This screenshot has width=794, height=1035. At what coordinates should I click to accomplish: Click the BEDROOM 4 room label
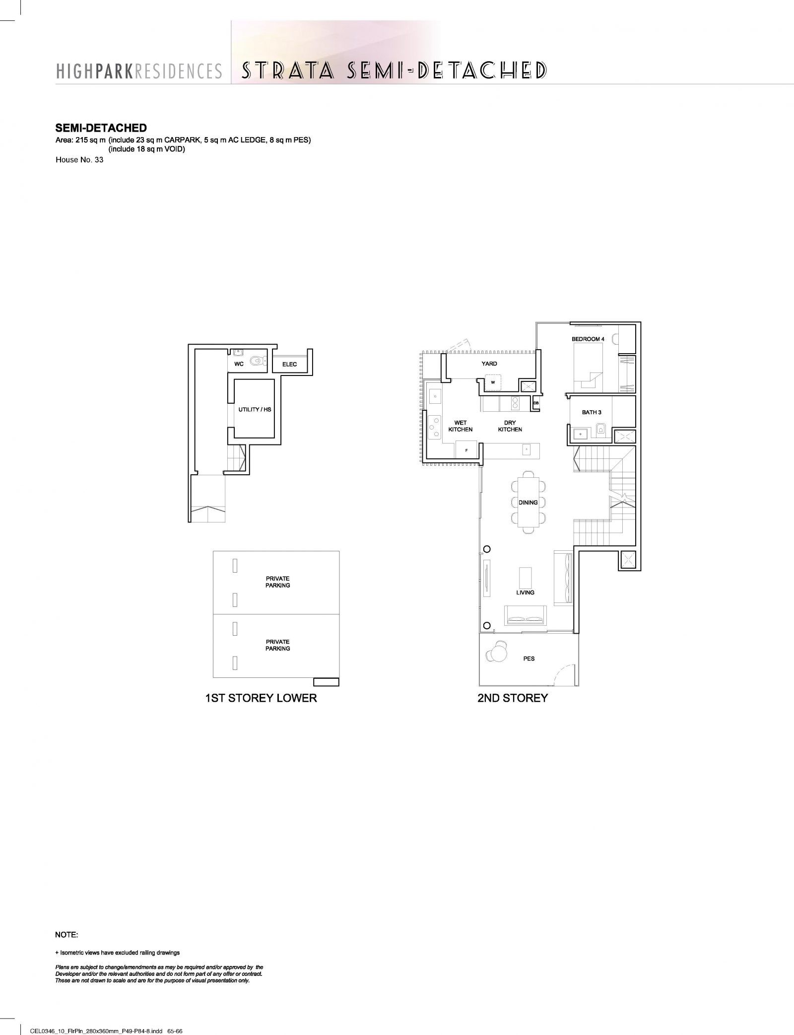coord(588,339)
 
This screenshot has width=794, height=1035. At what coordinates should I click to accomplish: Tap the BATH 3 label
coord(592,412)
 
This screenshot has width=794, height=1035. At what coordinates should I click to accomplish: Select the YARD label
coord(489,364)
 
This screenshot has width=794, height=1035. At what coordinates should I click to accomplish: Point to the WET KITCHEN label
coord(461,426)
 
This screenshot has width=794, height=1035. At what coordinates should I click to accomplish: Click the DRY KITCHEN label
coord(510,426)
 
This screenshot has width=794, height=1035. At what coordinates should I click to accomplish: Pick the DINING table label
coord(528,503)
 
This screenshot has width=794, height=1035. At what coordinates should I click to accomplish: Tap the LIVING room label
coord(525,592)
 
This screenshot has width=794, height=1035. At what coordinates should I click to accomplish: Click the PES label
coord(529,659)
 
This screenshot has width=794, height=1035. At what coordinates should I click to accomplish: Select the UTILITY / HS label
coord(255,409)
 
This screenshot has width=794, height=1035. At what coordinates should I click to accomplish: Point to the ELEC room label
coord(289,364)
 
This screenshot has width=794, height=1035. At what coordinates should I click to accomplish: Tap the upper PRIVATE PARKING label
coord(277,582)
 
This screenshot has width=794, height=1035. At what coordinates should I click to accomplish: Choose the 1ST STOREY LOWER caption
coord(261,698)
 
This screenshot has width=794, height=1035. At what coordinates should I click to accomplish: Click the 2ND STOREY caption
coord(513,698)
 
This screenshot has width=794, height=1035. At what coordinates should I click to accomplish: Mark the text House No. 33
coord(79,160)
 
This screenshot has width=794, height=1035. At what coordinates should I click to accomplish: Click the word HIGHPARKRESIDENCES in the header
coord(139,72)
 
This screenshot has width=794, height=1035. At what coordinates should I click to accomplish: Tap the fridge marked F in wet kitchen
coord(466,449)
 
